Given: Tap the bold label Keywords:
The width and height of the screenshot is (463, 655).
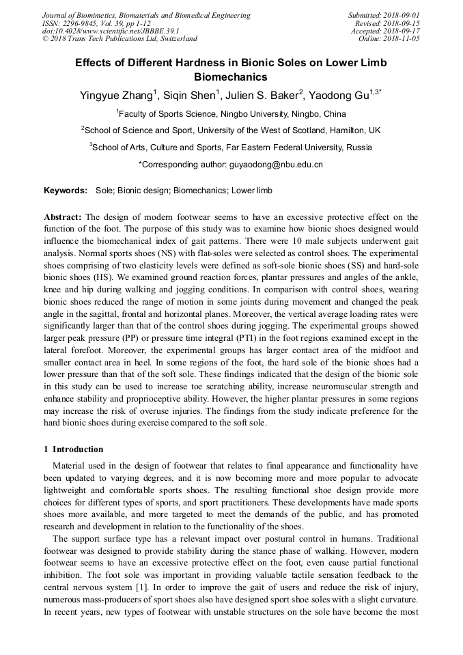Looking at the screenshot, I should pos(66,191).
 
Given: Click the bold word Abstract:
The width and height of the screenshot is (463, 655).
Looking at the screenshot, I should pos(64,217).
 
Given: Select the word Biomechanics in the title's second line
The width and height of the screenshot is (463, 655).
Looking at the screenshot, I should pos(231,78).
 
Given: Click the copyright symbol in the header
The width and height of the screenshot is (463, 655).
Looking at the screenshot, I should pos(46,40).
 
